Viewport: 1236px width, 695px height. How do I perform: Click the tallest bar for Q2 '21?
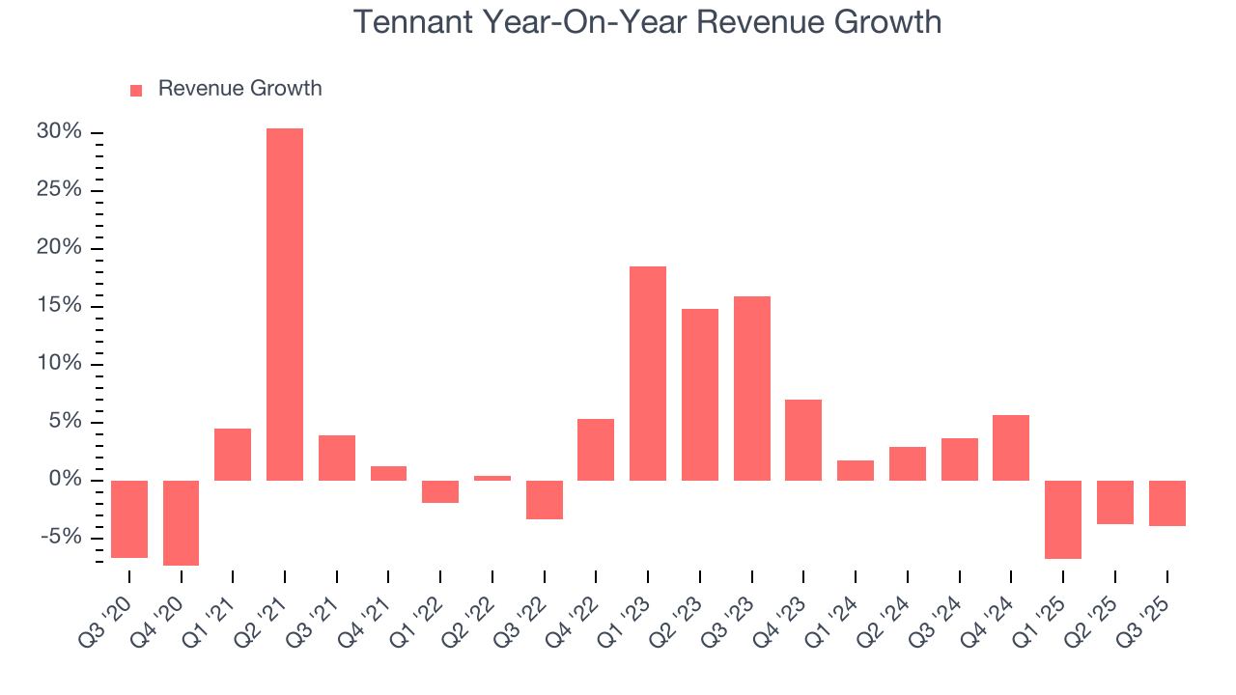(285, 304)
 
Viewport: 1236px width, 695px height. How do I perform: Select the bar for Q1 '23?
(648, 374)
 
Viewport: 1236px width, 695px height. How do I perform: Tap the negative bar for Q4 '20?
(182, 522)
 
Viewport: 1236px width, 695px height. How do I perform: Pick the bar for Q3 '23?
(752, 388)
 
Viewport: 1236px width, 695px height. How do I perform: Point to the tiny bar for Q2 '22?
(492, 478)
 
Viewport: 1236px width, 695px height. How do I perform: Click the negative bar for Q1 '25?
(1063, 519)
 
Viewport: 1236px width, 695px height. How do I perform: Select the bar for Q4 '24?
(1011, 448)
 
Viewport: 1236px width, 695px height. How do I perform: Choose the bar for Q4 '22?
(596, 450)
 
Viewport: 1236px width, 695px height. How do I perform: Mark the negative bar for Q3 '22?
(545, 500)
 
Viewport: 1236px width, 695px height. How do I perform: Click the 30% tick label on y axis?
(59, 132)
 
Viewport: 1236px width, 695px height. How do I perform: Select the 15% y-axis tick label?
(59, 306)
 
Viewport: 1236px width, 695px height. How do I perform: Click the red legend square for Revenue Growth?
(136, 90)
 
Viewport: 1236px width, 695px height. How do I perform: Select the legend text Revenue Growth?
(239, 89)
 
